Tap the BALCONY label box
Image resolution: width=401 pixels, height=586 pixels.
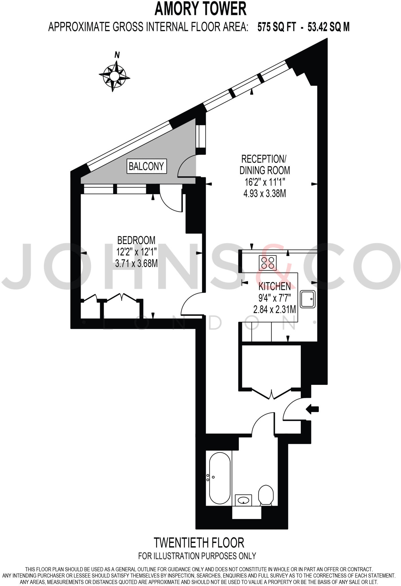click(146, 166)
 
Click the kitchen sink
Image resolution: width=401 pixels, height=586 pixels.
click(308, 299)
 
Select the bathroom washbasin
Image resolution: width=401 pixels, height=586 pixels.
click(243, 500)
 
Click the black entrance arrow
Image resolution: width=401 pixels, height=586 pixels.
click(312, 409)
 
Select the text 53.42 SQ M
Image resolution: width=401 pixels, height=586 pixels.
click(329, 27)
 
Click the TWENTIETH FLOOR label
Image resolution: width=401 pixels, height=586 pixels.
click(199, 542)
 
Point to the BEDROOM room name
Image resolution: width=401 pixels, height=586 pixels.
click(136, 240)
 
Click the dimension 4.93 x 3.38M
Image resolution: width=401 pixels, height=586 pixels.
click(265, 194)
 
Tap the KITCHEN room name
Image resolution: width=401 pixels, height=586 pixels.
click(274, 286)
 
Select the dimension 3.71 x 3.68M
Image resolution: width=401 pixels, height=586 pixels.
click(136, 263)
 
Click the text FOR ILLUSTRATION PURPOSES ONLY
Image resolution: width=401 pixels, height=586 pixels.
click(197, 556)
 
